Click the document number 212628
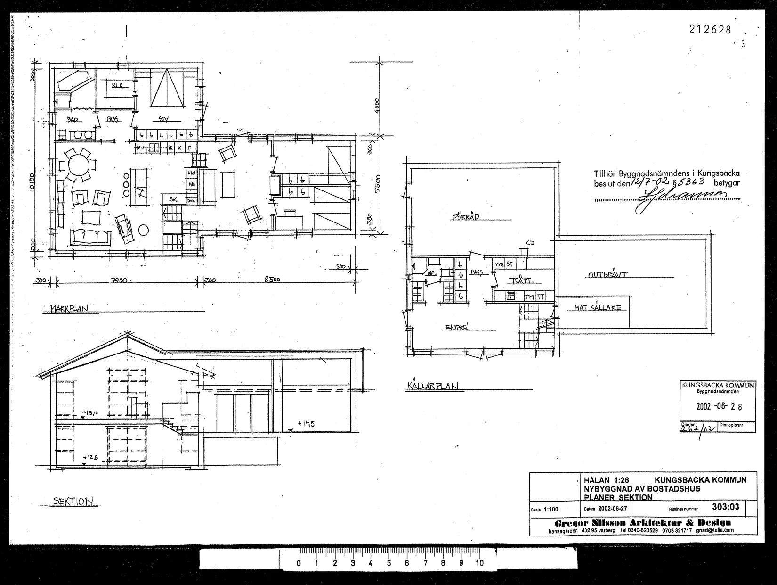[x=710, y=29]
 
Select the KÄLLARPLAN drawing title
[x=432, y=386]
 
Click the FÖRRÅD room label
[x=465, y=217]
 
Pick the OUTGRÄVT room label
[x=607, y=275]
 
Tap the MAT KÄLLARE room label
[x=598, y=308]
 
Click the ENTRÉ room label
[x=457, y=328]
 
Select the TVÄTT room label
[x=520, y=281]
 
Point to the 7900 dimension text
[x=119, y=280]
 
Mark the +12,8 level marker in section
[x=89, y=457]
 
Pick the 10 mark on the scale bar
[x=479, y=563]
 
